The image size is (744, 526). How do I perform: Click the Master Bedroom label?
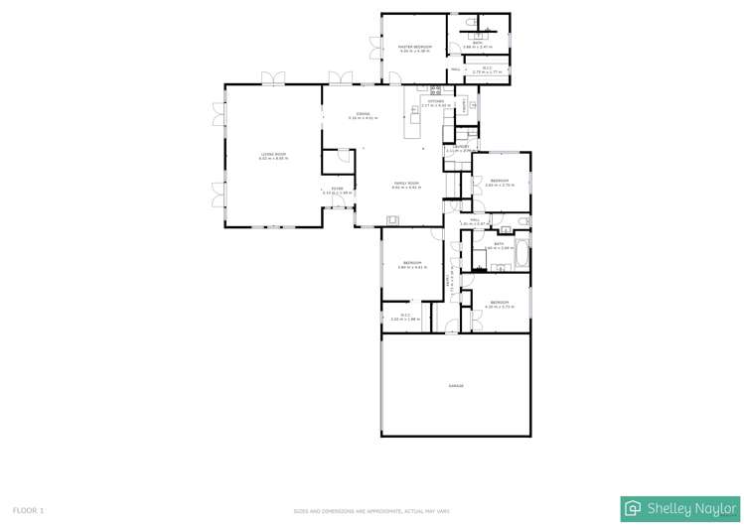(x=414, y=47)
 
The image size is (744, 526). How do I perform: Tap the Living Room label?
(x=273, y=155)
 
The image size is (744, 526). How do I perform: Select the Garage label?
(x=456, y=386)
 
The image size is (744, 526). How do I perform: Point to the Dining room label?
(x=363, y=115)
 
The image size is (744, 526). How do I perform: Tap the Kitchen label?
(x=436, y=101)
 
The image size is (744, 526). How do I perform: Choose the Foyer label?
(x=337, y=190)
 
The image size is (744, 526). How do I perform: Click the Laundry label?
(x=461, y=148)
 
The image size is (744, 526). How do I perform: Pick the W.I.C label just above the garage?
(x=405, y=317)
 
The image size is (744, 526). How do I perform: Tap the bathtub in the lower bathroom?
(x=521, y=255)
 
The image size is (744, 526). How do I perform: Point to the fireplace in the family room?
(x=393, y=221)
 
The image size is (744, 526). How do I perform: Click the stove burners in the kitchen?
(x=435, y=90)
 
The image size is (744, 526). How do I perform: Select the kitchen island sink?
(x=415, y=110)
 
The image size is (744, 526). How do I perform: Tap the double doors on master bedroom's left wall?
(x=373, y=47)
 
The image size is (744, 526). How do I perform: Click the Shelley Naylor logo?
(x=680, y=508)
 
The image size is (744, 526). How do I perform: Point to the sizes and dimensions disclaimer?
(x=372, y=511)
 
